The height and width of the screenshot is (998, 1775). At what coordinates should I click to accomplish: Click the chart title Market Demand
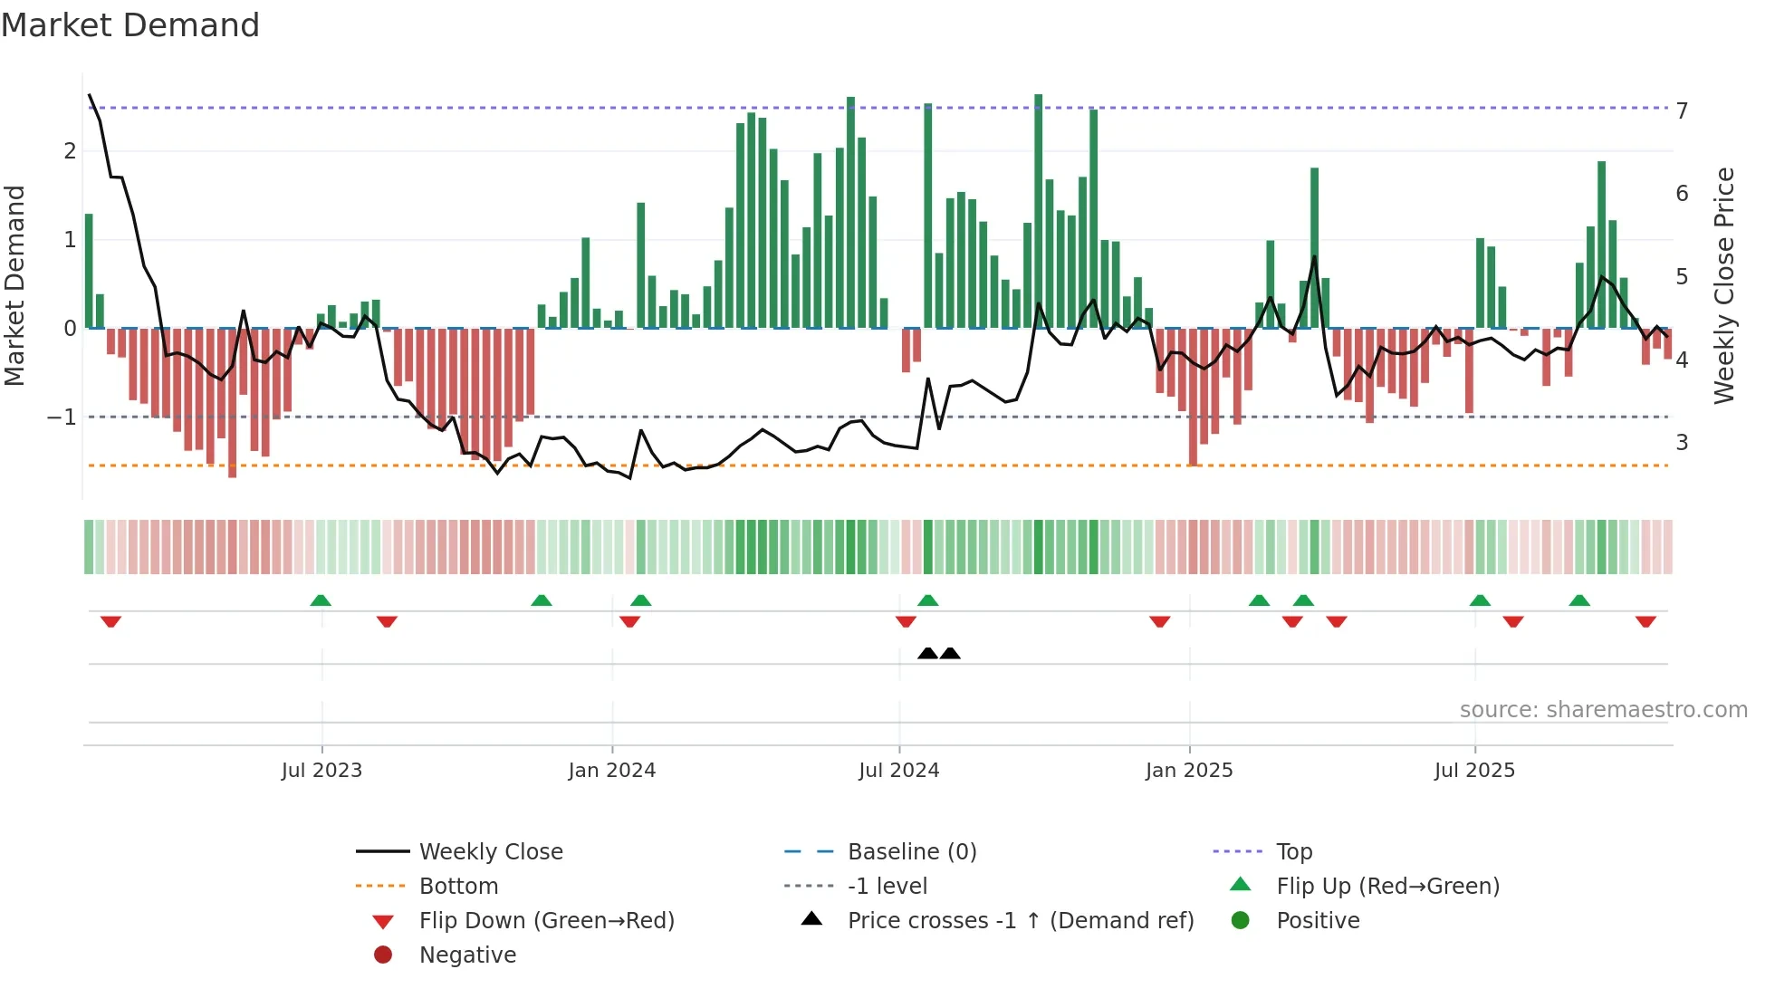pos(130,25)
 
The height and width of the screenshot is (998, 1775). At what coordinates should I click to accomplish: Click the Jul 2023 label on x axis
pos(321,771)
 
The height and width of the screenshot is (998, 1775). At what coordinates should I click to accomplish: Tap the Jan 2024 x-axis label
pos(611,771)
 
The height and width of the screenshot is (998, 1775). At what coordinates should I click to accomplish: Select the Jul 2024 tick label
pos(898,771)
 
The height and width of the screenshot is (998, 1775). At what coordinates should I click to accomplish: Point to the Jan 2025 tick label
pos(1188,771)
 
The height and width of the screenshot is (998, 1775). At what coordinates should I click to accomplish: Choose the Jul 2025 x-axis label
pos(1474,771)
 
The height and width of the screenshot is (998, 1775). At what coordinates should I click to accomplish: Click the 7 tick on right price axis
pos(1682,110)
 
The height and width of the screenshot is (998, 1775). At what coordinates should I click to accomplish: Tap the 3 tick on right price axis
pos(1682,443)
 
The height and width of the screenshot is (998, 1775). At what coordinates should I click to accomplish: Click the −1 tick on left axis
pos(62,417)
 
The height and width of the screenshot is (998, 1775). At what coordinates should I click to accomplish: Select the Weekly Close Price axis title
pos(1724,285)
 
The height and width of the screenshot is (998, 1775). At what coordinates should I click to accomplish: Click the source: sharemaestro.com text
pos(1603,710)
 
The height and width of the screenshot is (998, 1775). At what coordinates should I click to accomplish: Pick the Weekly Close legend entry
pos(491,852)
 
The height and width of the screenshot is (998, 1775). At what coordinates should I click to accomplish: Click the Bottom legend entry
pos(458,887)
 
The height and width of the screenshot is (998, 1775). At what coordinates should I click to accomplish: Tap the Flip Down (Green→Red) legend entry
pos(546,921)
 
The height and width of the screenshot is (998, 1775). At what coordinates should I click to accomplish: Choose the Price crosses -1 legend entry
pos(1020,921)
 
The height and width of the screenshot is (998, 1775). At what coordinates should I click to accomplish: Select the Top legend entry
pos(1294,852)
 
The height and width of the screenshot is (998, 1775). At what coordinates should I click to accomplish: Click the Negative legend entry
pos(467,955)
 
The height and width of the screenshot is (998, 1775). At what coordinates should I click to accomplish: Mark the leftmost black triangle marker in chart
pos(927,653)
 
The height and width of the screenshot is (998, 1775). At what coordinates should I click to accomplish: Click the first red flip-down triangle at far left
pos(110,621)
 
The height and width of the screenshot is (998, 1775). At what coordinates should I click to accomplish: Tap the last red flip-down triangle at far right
pos(1645,621)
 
